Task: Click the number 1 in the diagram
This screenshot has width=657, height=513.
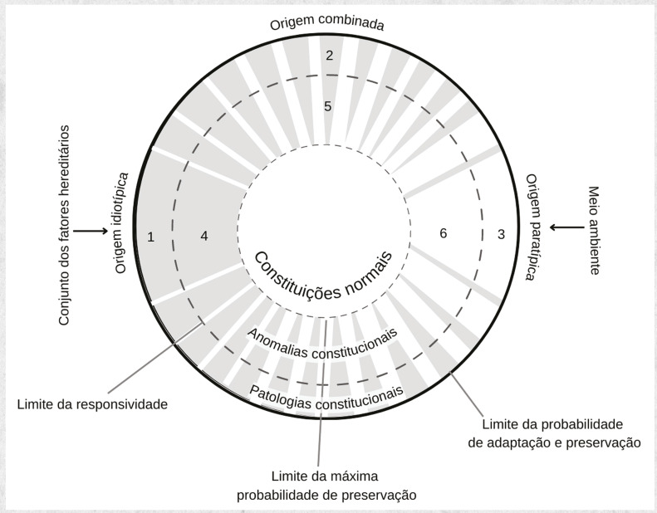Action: point(150,237)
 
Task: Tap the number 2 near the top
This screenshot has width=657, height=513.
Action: point(329,56)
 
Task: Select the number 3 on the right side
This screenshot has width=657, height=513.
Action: point(501,235)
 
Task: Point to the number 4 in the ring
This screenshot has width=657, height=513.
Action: point(204,237)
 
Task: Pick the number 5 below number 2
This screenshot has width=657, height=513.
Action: point(328,106)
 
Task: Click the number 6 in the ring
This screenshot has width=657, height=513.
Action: point(444,234)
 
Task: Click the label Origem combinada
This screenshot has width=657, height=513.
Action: point(326,22)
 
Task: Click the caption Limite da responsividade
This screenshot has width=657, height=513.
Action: point(92,405)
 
